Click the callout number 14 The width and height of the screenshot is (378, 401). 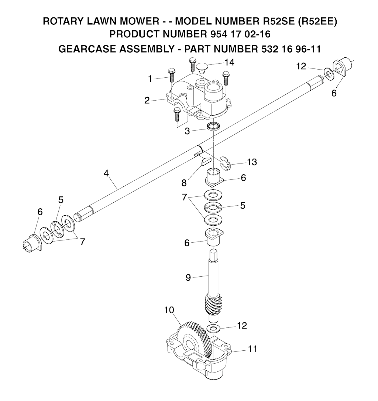click(229, 62)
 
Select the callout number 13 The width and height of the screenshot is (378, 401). click(252, 162)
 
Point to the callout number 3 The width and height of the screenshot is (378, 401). click(188, 131)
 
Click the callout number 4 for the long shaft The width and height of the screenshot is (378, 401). click(106, 173)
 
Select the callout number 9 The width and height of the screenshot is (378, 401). click(188, 277)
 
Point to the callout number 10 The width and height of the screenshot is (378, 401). click(169, 310)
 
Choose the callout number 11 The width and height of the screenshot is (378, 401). click(252, 349)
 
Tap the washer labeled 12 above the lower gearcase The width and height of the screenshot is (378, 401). click(212, 328)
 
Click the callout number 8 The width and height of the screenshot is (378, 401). click(184, 183)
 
